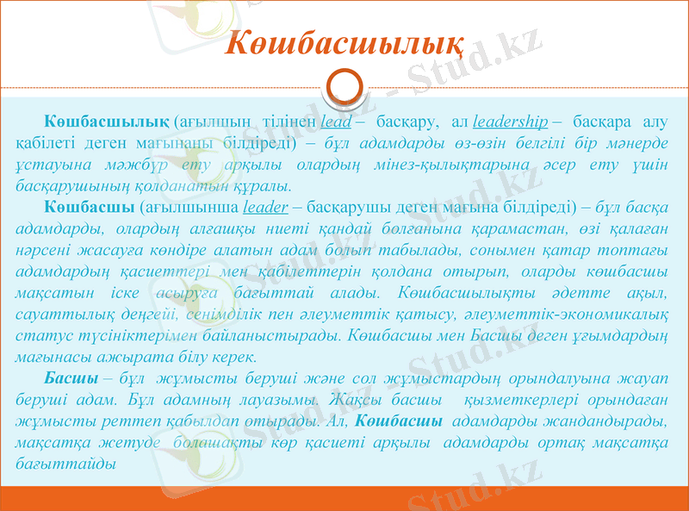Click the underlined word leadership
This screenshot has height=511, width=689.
pos(511,120)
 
